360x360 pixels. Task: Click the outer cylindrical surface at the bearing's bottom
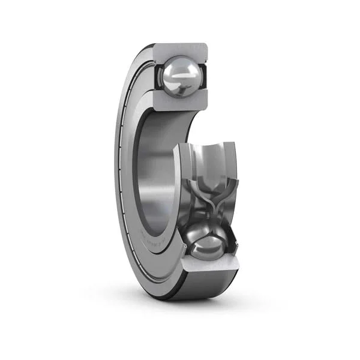210,285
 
